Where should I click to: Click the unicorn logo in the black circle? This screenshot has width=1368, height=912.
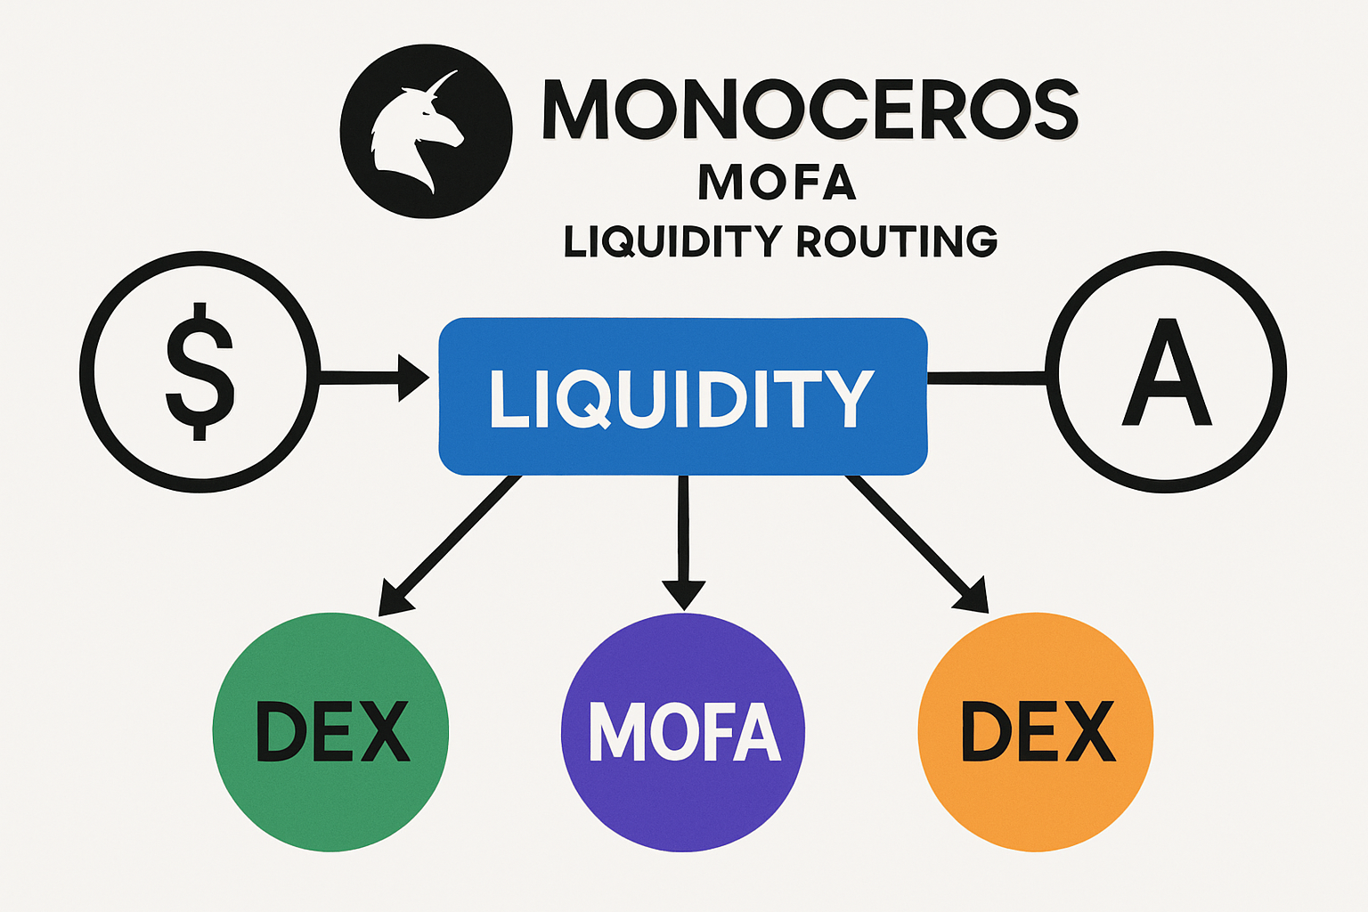tap(426, 130)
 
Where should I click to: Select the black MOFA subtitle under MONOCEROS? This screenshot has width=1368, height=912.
tap(778, 182)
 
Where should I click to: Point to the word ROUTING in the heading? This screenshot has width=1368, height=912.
tap(897, 241)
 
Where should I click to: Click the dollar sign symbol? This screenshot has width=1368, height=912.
tap(199, 370)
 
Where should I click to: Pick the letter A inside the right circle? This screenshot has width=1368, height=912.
tap(1167, 372)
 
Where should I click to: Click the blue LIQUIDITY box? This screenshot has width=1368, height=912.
tap(683, 396)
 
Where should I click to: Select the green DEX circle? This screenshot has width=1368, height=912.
tap(330, 730)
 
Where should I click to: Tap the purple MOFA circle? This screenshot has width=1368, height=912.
tap(683, 730)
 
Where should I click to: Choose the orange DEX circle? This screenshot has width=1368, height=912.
tap(1036, 730)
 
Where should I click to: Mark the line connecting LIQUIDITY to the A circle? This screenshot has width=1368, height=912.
tap(987, 379)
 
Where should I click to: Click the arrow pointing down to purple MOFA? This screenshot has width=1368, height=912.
tap(683, 543)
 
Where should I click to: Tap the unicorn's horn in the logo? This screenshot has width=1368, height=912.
tap(442, 82)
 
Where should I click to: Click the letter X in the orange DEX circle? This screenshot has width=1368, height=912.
tap(1090, 730)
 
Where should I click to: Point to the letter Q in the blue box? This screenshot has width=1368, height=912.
tap(583, 399)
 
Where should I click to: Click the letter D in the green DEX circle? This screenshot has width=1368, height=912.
tap(281, 730)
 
